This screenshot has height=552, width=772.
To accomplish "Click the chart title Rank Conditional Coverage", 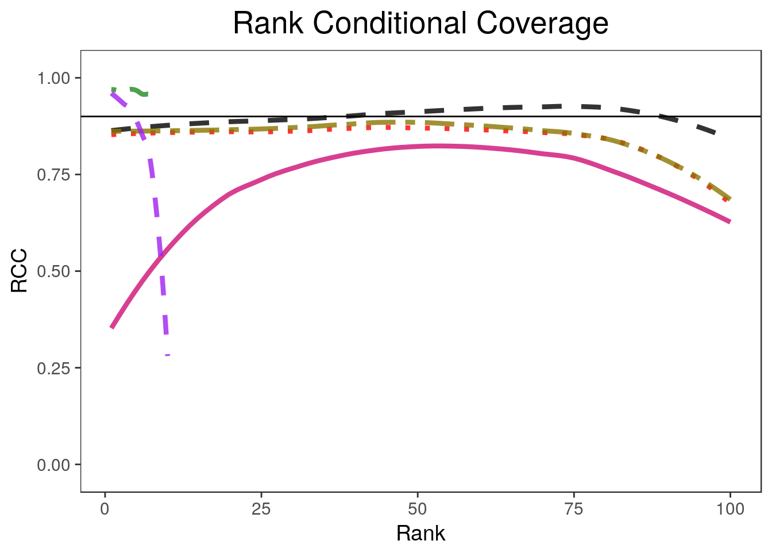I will click(x=420, y=24).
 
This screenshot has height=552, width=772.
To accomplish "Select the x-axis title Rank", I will click(x=420, y=534).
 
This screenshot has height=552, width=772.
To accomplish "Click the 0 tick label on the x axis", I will click(x=105, y=509).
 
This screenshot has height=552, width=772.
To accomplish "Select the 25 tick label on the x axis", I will click(x=261, y=509).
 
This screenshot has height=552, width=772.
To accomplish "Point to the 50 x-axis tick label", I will click(x=418, y=509).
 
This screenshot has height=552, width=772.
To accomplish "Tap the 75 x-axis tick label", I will click(x=574, y=509).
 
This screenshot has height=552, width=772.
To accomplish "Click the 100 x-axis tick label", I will click(x=730, y=509).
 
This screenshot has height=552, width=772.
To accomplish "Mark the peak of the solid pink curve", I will click(x=437, y=146).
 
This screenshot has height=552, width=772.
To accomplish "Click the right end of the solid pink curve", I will click(x=729, y=221).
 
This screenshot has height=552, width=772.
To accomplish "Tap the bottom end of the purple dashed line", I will click(x=167, y=354).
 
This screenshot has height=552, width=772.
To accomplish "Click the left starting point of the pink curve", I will click(x=112, y=327).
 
